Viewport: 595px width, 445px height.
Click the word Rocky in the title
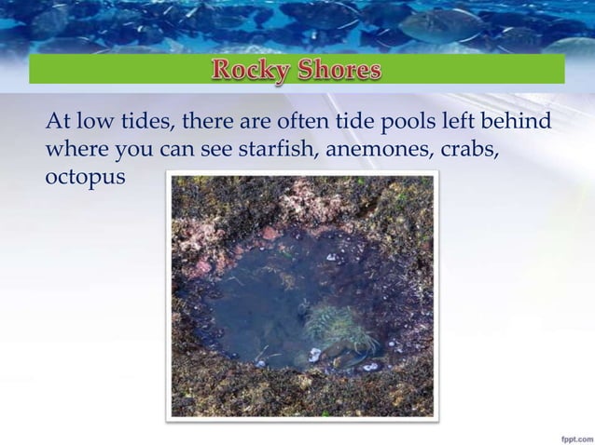pos(255,71)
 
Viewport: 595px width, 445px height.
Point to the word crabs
pos(479,149)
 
